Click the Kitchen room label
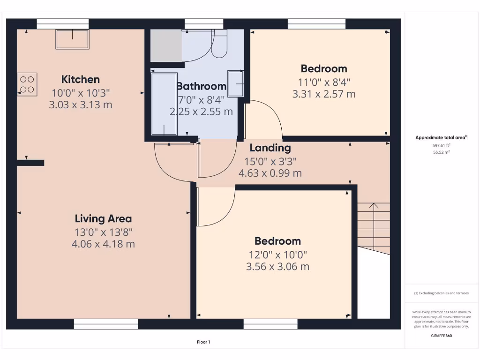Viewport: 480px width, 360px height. tap(81, 79)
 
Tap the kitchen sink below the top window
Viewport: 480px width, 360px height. tap(72, 39)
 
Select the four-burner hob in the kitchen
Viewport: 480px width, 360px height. tap(27, 84)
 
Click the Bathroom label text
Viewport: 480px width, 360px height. tap(201, 86)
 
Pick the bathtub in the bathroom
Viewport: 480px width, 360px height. tap(164, 104)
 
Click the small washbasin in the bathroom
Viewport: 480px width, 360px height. tap(235, 84)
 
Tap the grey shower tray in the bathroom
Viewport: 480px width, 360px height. tap(166, 45)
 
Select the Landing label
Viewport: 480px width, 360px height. tap(270, 148)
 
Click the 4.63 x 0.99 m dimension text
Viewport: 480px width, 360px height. tap(270, 173)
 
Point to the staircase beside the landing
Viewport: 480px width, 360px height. tap(374, 227)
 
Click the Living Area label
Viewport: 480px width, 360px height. tap(103, 218)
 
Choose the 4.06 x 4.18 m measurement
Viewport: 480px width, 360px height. tap(103, 244)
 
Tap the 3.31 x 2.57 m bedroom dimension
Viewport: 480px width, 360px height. tap(324, 94)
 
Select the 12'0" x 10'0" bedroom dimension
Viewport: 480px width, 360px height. tap(277, 255)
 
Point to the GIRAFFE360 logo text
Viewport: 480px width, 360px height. tap(441, 336)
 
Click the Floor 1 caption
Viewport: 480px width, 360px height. tap(203, 342)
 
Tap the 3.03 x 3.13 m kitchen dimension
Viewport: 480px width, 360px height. tap(81, 105)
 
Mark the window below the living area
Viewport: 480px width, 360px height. tap(106, 323)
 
